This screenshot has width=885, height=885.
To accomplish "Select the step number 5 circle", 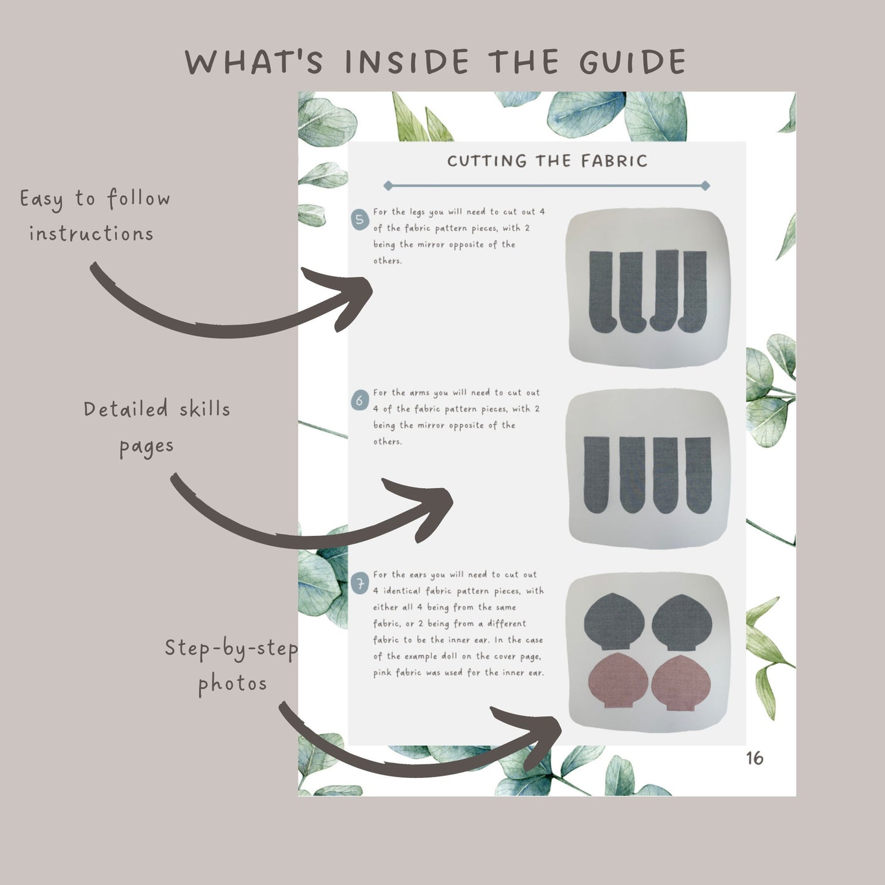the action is pos(360,219).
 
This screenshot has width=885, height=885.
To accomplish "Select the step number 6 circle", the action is pos(360,401).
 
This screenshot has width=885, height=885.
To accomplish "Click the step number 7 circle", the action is pos(360,584).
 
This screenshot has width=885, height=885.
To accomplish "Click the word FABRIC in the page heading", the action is pos(614,160).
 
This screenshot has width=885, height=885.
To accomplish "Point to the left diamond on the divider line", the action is pos(388,186).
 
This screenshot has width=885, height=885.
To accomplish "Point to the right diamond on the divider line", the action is pos(706,186).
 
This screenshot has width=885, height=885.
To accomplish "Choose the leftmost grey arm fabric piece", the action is pos(597,475).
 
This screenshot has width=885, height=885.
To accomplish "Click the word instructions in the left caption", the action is pos(91,234).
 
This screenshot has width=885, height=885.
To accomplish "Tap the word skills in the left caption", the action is pos(205,409).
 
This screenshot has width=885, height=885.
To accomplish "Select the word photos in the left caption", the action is pos(232,684).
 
